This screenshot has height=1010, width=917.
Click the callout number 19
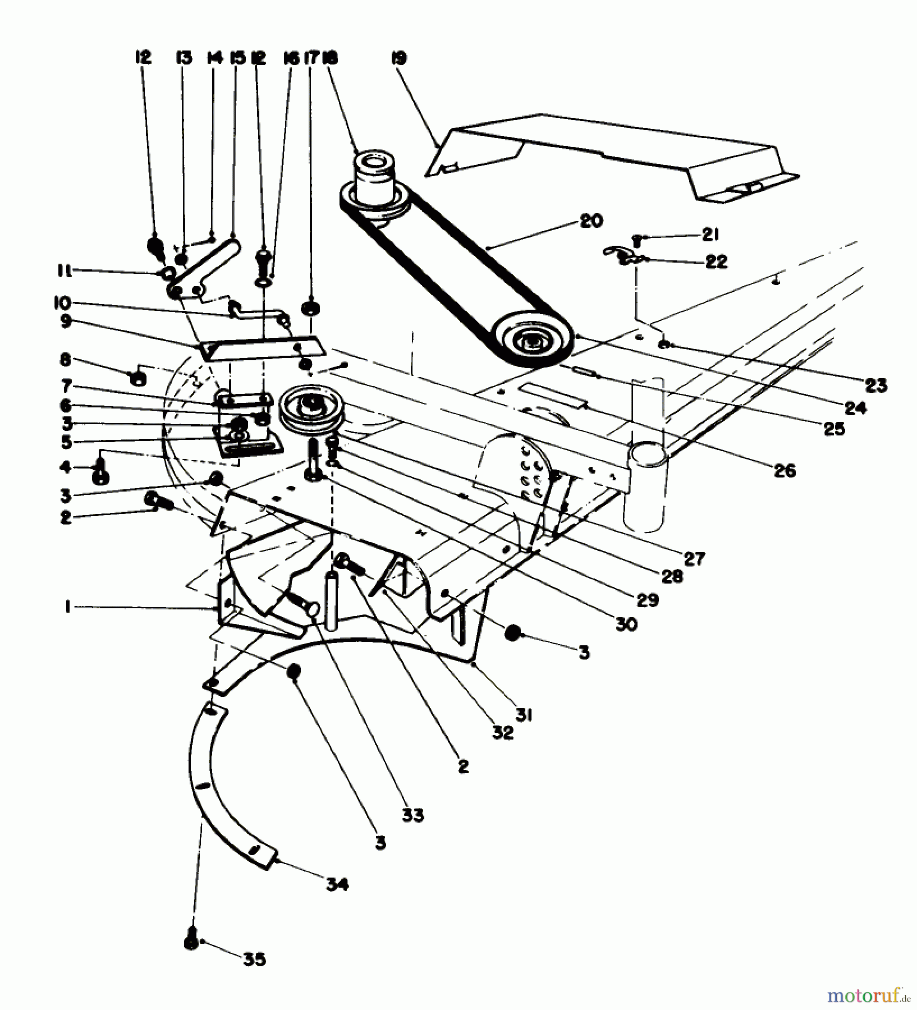[x=399, y=58]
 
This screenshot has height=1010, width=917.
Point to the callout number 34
[x=337, y=885]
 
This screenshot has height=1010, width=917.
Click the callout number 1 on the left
[x=67, y=607]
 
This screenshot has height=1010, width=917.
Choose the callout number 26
[x=785, y=470]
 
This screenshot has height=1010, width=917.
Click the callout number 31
[x=525, y=715]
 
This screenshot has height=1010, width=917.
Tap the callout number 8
[x=66, y=359]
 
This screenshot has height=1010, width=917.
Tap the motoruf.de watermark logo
[x=868, y=995]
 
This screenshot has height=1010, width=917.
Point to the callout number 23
[x=876, y=385]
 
